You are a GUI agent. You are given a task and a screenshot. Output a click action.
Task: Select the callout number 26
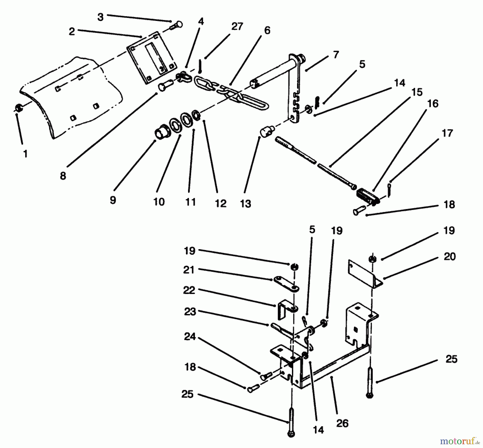[x=342, y=423]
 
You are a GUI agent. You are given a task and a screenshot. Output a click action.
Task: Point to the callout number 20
[x=449, y=256]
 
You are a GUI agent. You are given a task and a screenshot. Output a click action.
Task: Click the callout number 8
[x=63, y=176]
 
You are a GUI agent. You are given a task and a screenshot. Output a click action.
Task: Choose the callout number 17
[x=447, y=133]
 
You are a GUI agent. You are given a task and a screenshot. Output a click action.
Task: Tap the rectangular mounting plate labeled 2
[x=152, y=58]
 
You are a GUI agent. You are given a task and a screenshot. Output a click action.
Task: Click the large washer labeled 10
[x=175, y=125]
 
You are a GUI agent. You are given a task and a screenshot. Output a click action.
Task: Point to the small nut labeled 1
[x=18, y=108]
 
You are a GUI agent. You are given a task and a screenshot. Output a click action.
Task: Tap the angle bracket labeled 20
[x=365, y=275]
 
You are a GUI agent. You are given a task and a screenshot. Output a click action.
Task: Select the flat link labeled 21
[x=287, y=284]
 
